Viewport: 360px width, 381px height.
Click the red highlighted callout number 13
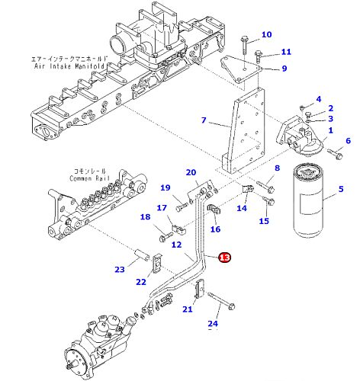pyautogui.click(x=225, y=258)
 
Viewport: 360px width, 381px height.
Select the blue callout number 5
pyautogui.click(x=341, y=189)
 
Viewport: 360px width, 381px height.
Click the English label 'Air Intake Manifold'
pyautogui.click(x=69, y=66)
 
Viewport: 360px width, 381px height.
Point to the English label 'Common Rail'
pyautogui.click(x=89, y=178)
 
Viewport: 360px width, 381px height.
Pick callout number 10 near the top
pyautogui.click(x=267, y=34)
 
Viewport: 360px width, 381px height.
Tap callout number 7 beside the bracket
pyautogui.click(x=204, y=120)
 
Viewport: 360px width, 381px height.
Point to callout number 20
pyautogui.click(x=191, y=172)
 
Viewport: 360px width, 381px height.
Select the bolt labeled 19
pyautogui.click(x=182, y=207)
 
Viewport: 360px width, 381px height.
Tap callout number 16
pyautogui.click(x=215, y=229)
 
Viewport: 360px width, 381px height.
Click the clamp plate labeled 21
pyautogui.click(x=199, y=289)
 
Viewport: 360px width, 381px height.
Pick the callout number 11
pyautogui.click(x=286, y=52)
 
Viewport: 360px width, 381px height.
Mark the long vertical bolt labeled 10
pyautogui.click(x=244, y=45)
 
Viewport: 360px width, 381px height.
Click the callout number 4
pyautogui.click(x=319, y=99)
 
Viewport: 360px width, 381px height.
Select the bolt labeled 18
pyautogui.click(x=166, y=236)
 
